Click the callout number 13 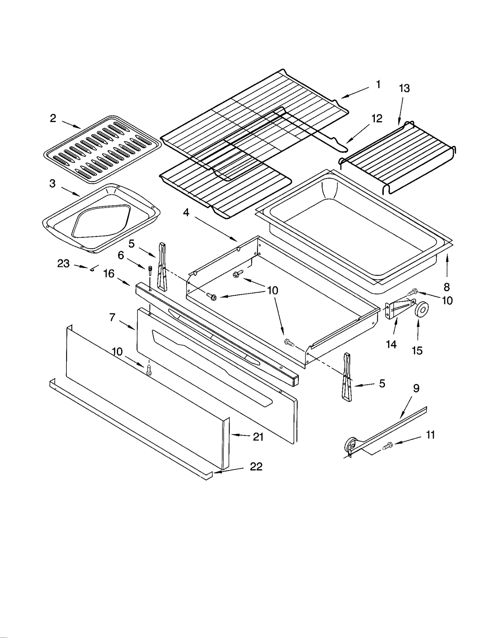pos(404,89)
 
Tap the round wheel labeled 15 pos(422,309)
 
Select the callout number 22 pos(256,467)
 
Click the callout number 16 pos(109,273)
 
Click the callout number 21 pos(258,437)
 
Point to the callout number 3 pos(53,184)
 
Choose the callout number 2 pos(53,118)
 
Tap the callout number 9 pos(416,389)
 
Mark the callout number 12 pos(377,119)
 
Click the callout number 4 pos(186,212)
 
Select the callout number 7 pos(112,317)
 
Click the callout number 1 pos(378,85)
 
